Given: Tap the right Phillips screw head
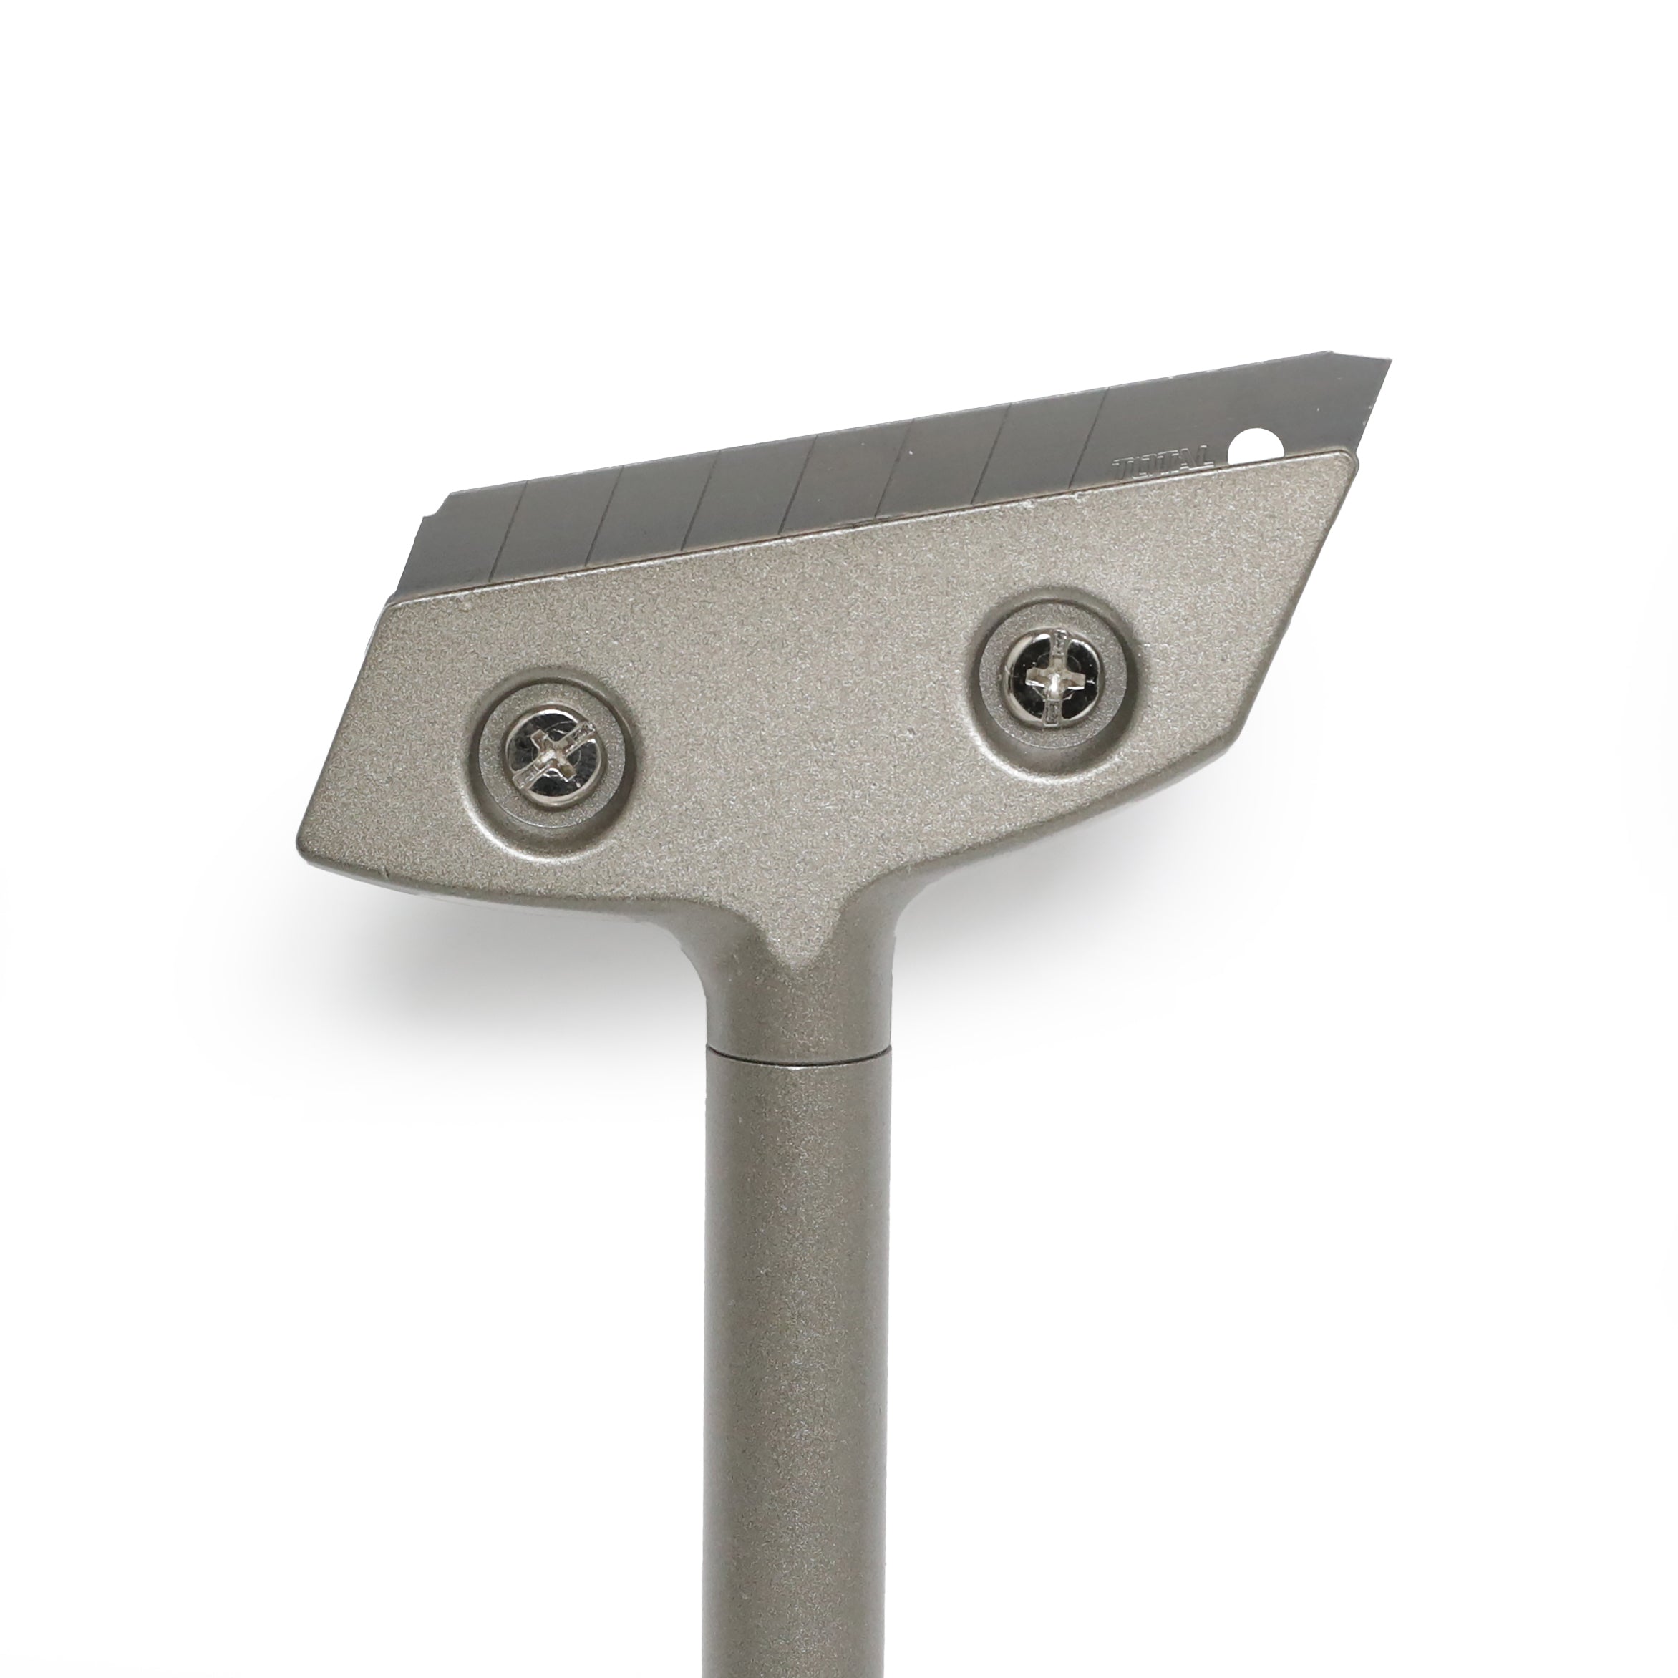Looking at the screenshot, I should (1052, 676).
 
